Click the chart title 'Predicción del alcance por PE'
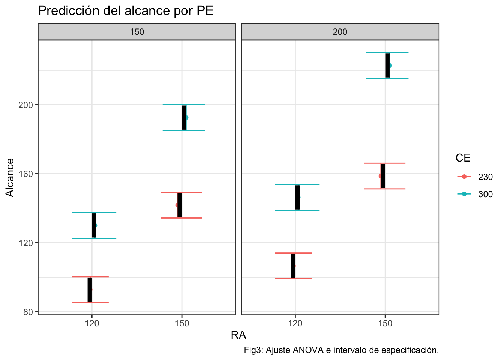pos(126,11)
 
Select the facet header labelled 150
pos(137,32)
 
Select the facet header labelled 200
pos(340,32)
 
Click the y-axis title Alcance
pos(10,177)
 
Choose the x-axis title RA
pos(238,335)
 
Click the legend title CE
pos(463,158)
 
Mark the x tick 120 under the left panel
pos(92,323)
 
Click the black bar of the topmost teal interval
pos(387,66)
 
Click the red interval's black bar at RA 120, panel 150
pos(90,289)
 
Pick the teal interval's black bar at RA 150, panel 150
pos(184,118)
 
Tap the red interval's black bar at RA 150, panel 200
pos(383,176)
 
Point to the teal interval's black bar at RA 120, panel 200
pos(297,198)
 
